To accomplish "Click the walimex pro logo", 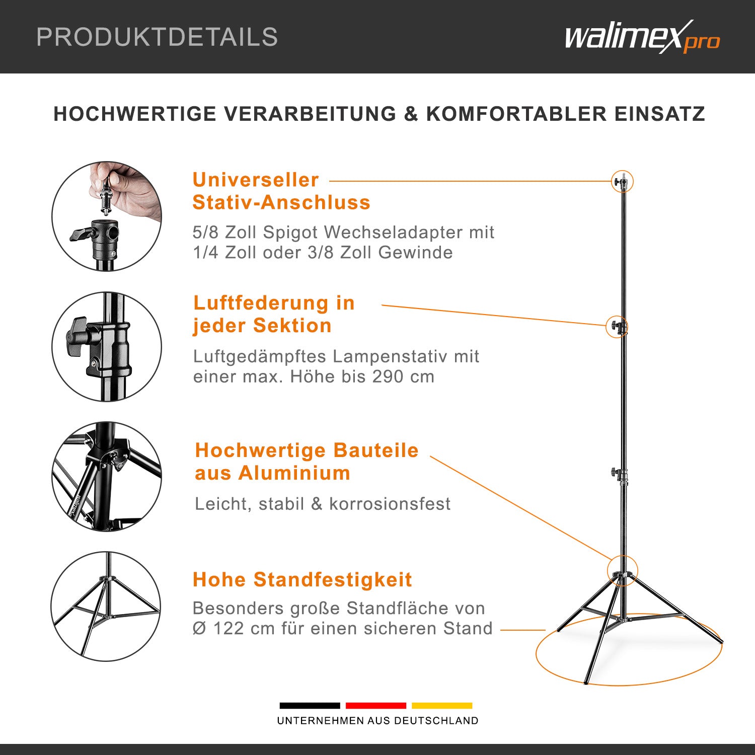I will (642, 37).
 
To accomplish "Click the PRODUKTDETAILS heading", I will (157, 37).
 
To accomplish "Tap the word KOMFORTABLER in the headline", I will (516, 114).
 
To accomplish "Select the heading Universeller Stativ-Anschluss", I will (281, 191).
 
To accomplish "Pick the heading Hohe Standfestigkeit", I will (302, 580).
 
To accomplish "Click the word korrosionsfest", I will (390, 504).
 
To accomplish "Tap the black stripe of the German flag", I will (310, 706).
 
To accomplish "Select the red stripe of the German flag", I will (375, 706).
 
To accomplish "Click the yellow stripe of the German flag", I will (442, 706).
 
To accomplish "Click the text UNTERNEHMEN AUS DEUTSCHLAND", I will (377, 721).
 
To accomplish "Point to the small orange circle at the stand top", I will (623, 182).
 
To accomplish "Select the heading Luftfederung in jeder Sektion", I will (274, 314).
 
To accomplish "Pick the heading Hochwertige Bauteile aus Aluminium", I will (306, 462).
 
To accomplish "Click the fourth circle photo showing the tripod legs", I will (106, 606).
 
